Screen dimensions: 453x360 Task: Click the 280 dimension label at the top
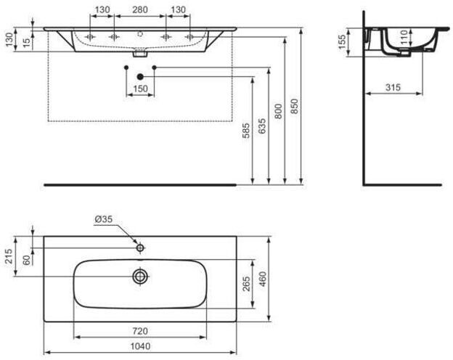point(140,9)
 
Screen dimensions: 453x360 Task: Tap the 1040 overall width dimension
point(140,345)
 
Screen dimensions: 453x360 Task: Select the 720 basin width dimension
point(140,331)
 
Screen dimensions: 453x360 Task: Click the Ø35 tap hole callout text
point(103,219)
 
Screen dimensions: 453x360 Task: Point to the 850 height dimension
point(294,106)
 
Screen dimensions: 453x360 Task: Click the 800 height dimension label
point(278,112)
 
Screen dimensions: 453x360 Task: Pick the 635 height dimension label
point(262,126)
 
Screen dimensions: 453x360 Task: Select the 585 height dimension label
point(245,131)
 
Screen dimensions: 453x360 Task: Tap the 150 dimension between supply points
point(140,89)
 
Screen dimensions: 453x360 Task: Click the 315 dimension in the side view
point(393,87)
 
